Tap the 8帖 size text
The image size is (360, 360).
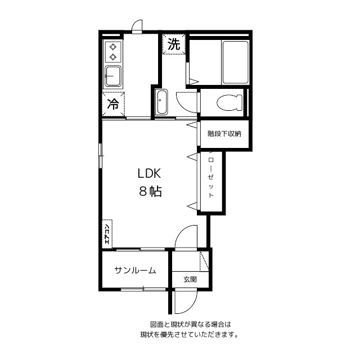coord(150,191)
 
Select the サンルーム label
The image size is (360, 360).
coord(135,271)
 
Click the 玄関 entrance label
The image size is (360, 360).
coord(190,279)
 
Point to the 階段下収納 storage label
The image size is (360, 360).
coord(224,134)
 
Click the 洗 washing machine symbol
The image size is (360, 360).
coord(174,44)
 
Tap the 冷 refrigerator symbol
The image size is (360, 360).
coord(113,103)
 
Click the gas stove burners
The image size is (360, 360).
coord(113,51)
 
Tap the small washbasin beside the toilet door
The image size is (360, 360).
coord(161,102)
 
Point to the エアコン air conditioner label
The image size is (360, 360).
coord(107,232)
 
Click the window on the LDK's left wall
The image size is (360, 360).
coord(101,155)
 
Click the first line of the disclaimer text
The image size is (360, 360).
coord(191,325)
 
